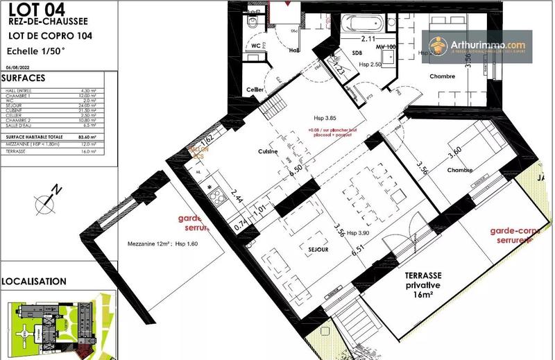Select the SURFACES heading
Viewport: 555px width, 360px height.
pyautogui.click(x=24, y=78)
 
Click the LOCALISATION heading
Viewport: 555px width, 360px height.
pyautogui.click(x=34, y=282)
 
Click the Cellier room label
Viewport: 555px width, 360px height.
pyautogui.click(x=255, y=89)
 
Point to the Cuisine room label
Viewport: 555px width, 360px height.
pyautogui.click(x=268, y=151)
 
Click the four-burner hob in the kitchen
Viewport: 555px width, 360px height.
pyautogui.click(x=216, y=196)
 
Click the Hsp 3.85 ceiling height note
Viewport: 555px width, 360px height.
pyautogui.click(x=325, y=118)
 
